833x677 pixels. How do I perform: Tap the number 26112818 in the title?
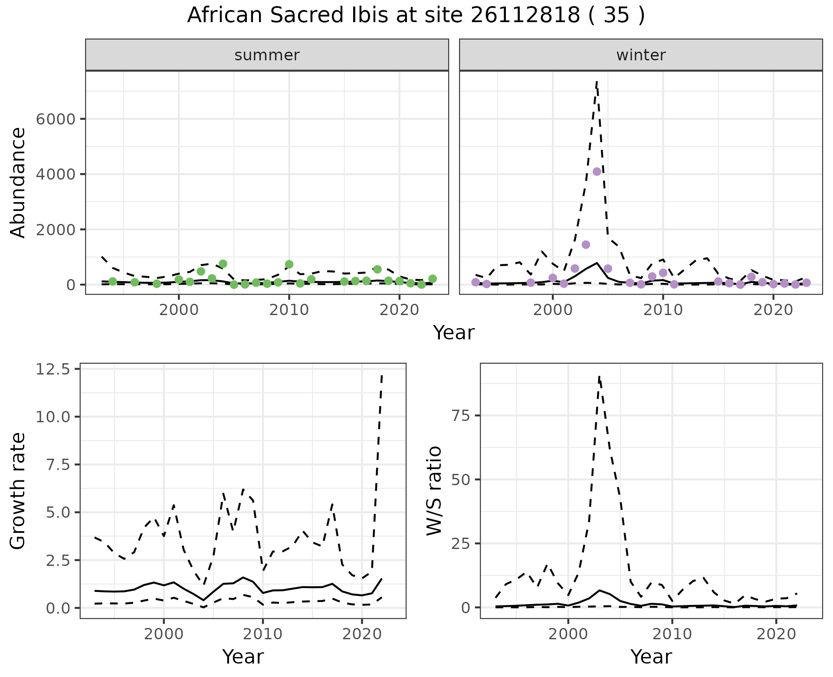tap(525, 16)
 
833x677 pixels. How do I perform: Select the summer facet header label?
tap(267, 55)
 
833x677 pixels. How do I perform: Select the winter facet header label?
tap(641, 55)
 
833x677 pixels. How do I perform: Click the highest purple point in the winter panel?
tap(597, 171)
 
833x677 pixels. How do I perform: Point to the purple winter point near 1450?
tap(586, 245)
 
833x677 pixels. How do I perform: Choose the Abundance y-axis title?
tap(18, 182)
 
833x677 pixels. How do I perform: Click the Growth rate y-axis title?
tap(18, 490)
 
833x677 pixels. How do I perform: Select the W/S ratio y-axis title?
tap(434, 490)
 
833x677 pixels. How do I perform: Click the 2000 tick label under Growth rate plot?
tap(164, 634)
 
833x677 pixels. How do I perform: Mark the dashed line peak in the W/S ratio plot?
tap(599, 377)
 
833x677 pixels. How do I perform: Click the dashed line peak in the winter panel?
tap(597, 81)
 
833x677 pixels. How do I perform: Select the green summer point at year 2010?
tap(289, 264)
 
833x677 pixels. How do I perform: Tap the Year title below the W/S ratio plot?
tap(651, 657)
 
